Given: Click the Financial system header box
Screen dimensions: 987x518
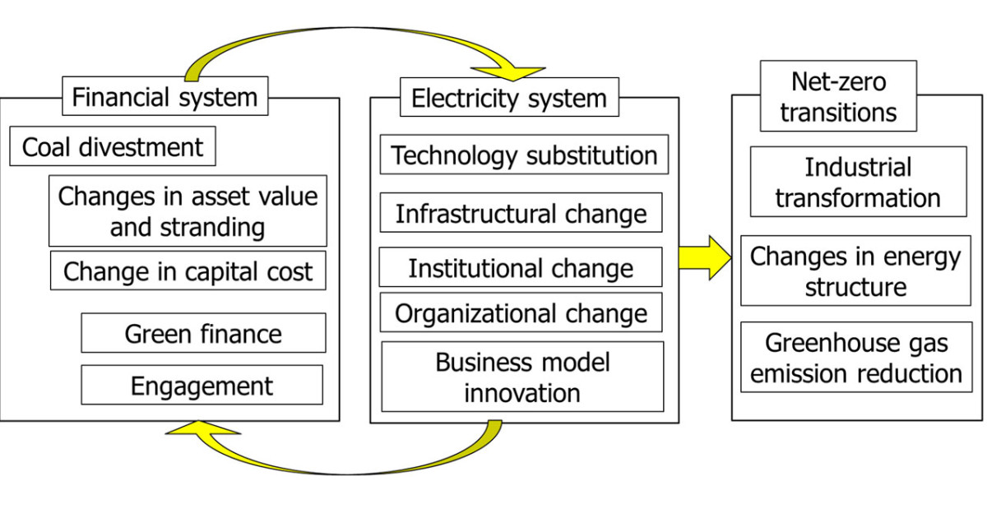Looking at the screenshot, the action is pos(165,96).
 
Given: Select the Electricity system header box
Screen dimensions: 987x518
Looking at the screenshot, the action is pos(509,97).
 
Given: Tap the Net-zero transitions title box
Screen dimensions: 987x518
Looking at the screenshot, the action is pos(838,96).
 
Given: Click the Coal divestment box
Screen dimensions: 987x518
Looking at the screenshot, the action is pos(113,146).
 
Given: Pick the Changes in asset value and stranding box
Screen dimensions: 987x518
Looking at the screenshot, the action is pos(188,211).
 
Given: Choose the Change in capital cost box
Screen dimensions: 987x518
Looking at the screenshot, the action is pos(188,271).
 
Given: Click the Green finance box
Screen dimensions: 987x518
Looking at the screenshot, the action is pos(204,333).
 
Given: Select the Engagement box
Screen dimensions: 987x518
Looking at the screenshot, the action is pos(202,385).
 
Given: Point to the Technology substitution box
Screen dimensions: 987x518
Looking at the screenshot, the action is pos(525,155).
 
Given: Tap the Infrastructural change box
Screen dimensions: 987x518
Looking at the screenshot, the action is pos(521,213).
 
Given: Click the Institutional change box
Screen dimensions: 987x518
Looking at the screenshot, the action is pos(521,267).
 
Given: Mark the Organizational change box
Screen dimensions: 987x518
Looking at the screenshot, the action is pos(521,312).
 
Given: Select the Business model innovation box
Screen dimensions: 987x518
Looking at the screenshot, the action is pos(522,377).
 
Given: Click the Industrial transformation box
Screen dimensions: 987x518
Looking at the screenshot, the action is pos(859,182).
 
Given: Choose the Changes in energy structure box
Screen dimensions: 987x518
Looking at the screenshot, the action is pos(855,271).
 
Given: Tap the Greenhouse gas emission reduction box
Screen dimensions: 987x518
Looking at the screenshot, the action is pos(856,357).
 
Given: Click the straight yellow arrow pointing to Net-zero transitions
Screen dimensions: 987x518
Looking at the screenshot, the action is pos(705,258).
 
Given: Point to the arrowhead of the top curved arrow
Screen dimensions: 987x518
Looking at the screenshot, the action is pos(509,73).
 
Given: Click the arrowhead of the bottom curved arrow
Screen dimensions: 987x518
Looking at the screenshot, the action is pos(202,428).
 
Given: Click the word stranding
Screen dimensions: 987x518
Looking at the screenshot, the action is pos(212,228).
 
